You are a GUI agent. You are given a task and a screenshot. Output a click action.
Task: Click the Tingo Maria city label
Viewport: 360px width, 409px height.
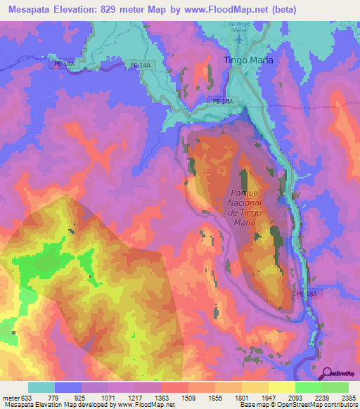tap(248, 60)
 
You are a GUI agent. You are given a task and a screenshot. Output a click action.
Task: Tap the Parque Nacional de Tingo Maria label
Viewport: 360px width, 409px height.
tap(244, 208)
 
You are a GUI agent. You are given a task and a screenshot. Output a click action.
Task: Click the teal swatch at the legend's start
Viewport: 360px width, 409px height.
tap(41, 387)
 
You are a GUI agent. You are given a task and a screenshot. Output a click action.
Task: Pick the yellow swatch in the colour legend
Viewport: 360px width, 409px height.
tap(281, 387)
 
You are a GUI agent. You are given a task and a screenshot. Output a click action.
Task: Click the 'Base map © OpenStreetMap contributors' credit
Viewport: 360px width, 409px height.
tap(298, 405)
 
